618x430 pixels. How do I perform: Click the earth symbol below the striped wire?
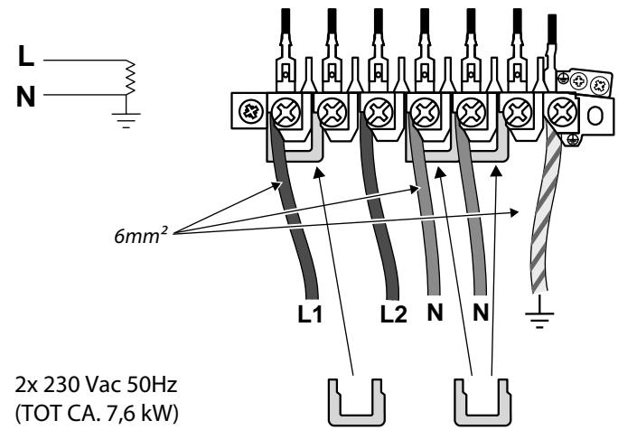pyautogui.click(x=539, y=317)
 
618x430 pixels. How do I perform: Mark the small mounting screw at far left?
pyautogui.click(x=244, y=113)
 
